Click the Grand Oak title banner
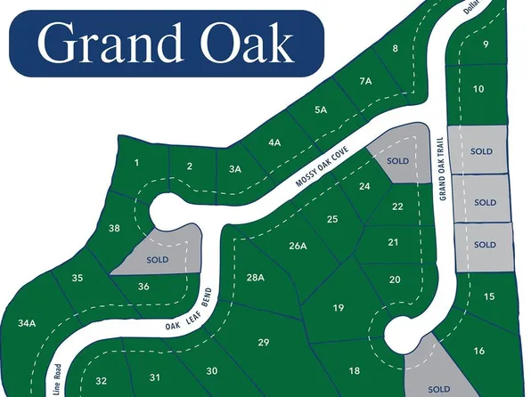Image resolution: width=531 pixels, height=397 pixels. point(166,43)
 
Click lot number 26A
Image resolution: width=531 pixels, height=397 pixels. point(298,246)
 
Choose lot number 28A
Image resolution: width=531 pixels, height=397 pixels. point(256,278)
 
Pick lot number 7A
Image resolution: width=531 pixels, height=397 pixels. point(365,81)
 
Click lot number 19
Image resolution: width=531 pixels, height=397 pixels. point(339,308)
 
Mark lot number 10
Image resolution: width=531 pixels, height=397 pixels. point(478,89)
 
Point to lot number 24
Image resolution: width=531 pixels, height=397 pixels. point(364,186)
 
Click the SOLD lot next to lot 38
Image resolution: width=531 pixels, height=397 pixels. point(158,259)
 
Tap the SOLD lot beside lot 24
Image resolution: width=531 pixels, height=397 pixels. point(397,161)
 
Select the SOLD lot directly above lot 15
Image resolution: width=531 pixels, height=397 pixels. point(485,245)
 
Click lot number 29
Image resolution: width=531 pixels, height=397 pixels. point(263,343)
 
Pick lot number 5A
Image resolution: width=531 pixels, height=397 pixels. point(322,109)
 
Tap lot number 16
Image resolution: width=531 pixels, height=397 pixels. point(479,351)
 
